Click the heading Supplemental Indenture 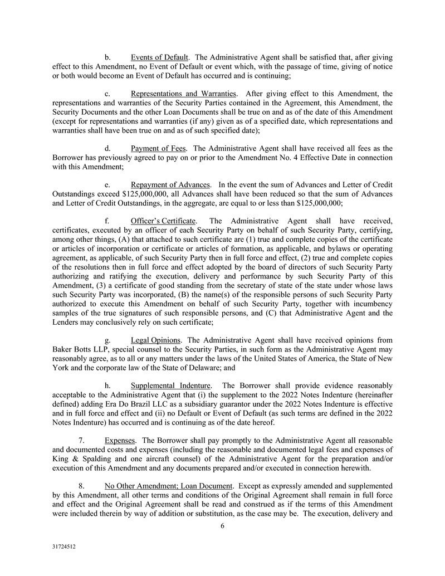click(x=170, y=385)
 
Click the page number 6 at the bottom click(x=222, y=525)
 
